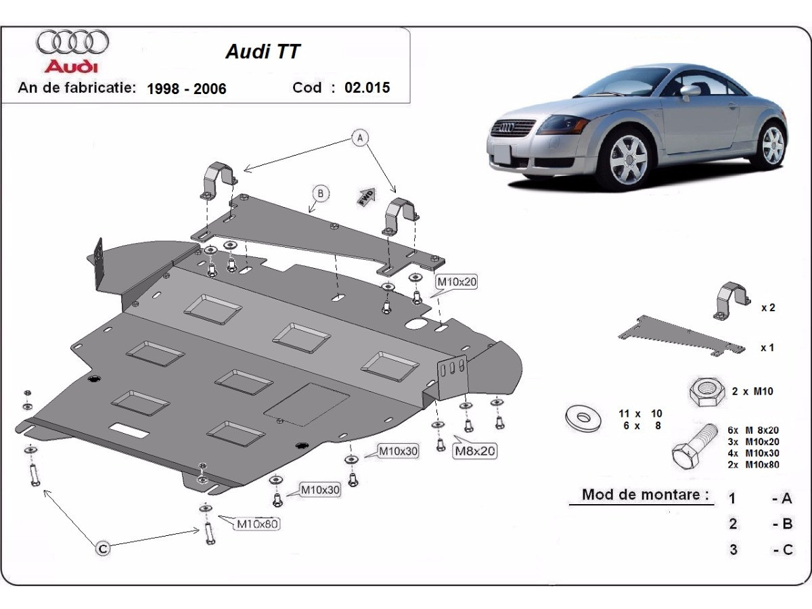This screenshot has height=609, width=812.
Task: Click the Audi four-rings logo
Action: click(x=72, y=42)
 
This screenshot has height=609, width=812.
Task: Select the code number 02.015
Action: click(x=367, y=87)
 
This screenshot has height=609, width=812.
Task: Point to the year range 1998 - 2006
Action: click(x=187, y=88)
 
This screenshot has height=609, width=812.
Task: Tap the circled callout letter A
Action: click(x=361, y=138)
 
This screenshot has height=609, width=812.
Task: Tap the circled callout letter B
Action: click(x=319, y=194)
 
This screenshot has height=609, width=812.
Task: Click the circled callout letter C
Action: click(x=103, y=549)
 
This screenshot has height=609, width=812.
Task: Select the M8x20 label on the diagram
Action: click(x=475, y=450)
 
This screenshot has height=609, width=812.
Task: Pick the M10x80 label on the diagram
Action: click(x=256, y=522)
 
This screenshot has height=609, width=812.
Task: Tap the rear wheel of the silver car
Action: click(x=772, y=144)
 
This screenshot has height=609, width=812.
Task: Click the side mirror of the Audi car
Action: click(x=690, y=92)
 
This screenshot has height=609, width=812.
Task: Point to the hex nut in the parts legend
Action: click(x=705, y=391)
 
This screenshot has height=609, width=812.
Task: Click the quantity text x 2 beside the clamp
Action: click(x=767, y=307)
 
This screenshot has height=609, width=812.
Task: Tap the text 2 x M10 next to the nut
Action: click(x=752, y=391)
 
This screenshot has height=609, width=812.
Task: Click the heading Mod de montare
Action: click(x=640, y=495)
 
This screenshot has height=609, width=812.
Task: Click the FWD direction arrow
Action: click(x=367, y=196)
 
